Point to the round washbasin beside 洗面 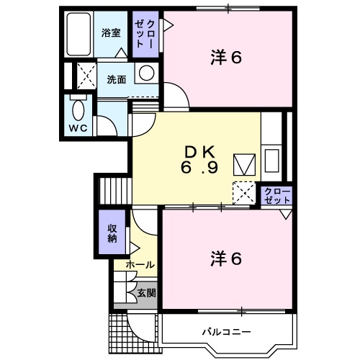[146, 73]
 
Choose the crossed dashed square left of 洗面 [87, 75]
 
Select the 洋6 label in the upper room [225, 58]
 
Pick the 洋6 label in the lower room [225, 257]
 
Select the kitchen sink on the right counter [273, 159]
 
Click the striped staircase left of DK [112, 191]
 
